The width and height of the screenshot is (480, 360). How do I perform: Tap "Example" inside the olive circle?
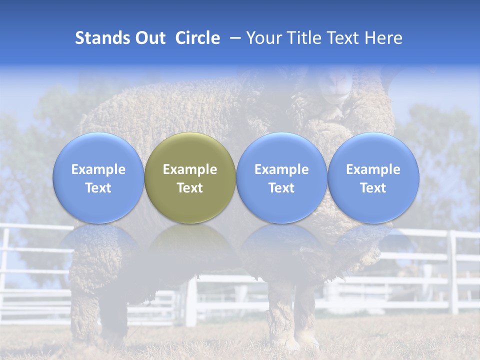pyautogui.click(x=190, y=169)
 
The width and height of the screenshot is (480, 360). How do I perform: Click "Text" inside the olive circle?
pyautogui.click(x=190, y=188)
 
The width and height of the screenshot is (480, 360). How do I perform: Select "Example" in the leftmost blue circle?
pyautogui.click(x=98, y=169)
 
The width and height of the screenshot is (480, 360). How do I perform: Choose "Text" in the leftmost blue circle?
pyautogui.click(x=98, y=188)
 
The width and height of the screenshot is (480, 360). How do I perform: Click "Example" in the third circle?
pyautogui.click(x=281, y=169)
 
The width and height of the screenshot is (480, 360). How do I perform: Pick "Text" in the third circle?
pyautogui.click(x=281, y=188)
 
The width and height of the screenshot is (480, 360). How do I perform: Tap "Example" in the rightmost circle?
pyautogui.click(x=373, y=169)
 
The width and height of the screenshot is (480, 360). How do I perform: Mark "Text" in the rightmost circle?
pyautogui.click(x=373, y=188)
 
